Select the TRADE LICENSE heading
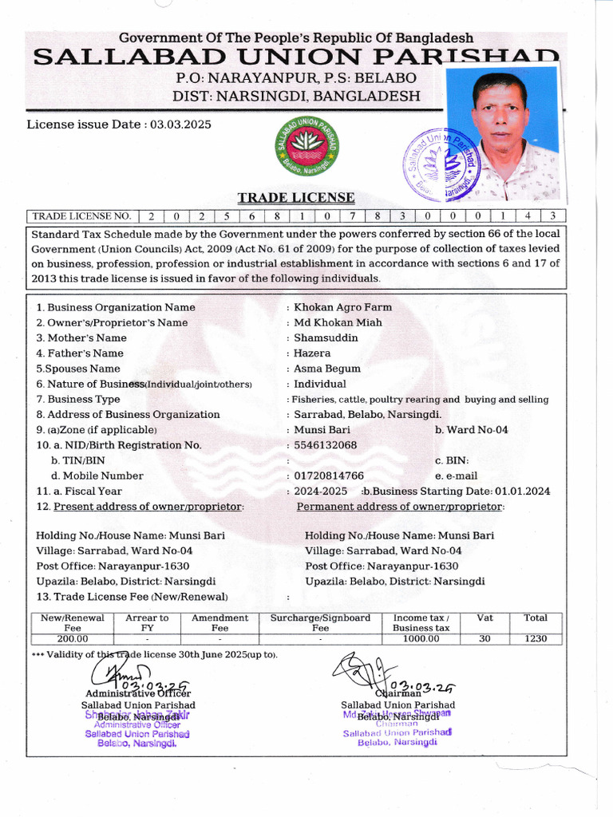click(295, 198)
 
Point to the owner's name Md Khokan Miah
click(338, 322)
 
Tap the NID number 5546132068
click(325, 445)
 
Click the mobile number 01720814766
click(329, 476)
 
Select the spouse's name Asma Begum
click(327, 369)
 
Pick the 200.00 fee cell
click(73, 639)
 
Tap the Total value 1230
click(535, 639)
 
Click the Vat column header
click(484, 618)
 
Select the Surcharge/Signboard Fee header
click(320, 623)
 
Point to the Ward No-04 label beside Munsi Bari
click(471, 430)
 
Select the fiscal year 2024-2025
click(320, 491)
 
